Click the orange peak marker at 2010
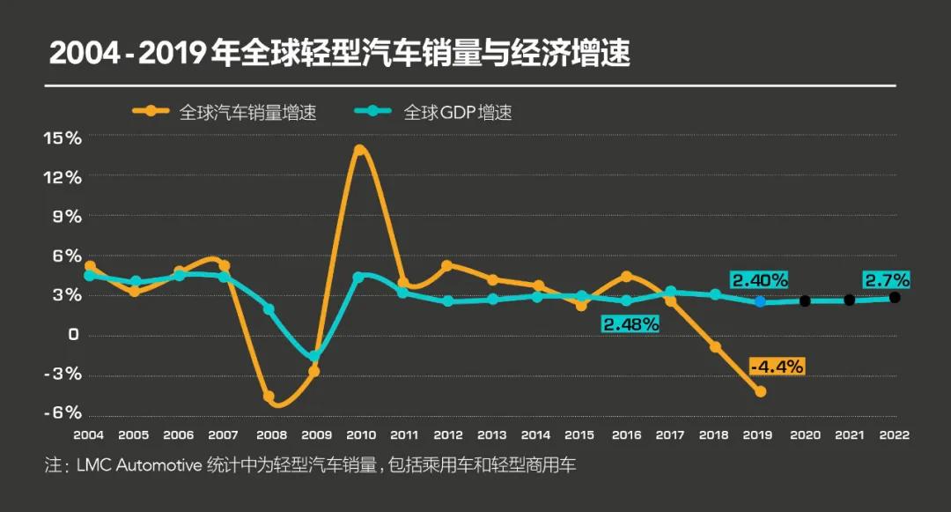coord(359,151)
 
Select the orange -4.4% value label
coord(777,367)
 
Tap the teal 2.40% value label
coord(759,280)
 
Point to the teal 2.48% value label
coord(630,324)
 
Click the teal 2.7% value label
coord(887,280)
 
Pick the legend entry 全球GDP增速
coord(457,112)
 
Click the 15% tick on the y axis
coord(63,137)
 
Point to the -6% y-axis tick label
coord(63,413)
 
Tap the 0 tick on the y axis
coord(73,335)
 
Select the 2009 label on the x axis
coord(316,435)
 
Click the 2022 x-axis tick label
coord(894,435)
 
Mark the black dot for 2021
coord(850,301)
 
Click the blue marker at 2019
coord(760,301)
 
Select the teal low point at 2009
coord(314,357)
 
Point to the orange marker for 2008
coord(269,397)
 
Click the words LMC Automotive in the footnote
coord(139,465)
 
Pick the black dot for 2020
coord(805,301)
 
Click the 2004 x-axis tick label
coord(89,435)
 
